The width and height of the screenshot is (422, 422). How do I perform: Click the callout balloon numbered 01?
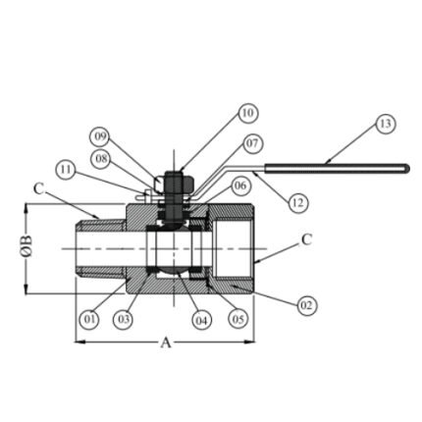click(x=90, y=319)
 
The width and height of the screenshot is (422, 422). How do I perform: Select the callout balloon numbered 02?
click(x=306, y=305)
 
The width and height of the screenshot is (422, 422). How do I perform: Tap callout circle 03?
click(x=123, y=319)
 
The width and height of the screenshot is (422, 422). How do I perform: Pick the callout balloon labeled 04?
click(x=202, y=320)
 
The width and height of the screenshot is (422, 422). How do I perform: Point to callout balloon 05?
click(x=237, y=319)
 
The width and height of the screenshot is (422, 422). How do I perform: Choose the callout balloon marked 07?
click(x=252, y=143)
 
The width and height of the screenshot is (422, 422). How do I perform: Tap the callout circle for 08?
click(x=101, y=159)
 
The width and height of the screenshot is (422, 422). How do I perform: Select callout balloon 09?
click(x=100, y=136)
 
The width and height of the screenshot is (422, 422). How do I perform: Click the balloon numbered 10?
click(x=248, y=113)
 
